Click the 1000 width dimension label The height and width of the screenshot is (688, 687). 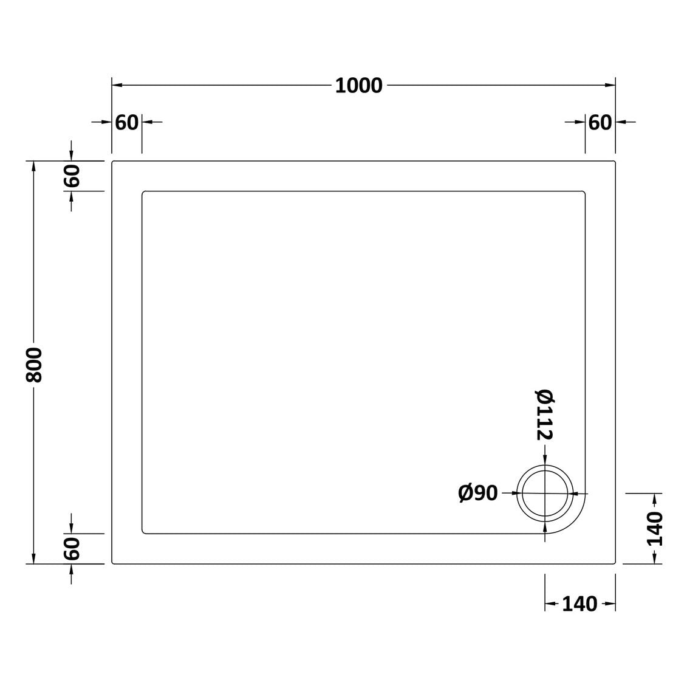click(359, 86)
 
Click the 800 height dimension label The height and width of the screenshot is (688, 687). click(33, 365)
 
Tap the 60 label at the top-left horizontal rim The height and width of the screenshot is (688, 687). click(127, 122)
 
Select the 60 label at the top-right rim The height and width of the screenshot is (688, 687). click(600, 122)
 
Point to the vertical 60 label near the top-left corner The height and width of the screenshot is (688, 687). click(72, 176)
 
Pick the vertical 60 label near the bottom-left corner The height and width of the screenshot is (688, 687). click(72, 549)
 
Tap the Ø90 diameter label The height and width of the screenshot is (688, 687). click(478, 494)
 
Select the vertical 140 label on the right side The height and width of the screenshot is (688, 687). click(654, 529)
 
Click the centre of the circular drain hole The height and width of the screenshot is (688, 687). click(545, 494)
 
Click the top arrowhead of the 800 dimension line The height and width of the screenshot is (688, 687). click(33, 166)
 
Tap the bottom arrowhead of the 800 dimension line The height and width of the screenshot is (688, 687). click(33, 559)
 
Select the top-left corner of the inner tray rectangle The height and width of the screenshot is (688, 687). click(143, 193)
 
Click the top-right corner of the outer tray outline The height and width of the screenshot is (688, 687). click(615, 162)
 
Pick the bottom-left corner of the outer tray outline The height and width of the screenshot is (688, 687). click(113, 563)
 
